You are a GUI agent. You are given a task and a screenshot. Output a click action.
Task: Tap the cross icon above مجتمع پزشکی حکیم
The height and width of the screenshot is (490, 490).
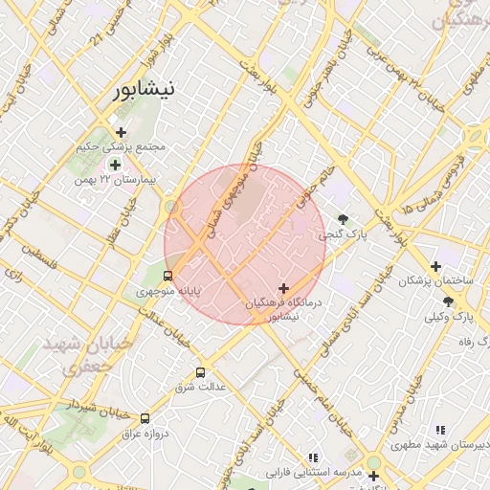tap(121, 132)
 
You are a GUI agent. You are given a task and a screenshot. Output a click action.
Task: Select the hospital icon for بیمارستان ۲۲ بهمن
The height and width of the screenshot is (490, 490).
tap(115, 165)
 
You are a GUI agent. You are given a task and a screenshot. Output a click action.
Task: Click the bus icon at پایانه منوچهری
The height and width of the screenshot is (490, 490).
tap(168, 277)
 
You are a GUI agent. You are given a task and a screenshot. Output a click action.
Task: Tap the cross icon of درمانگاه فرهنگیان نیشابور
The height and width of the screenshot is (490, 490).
tap(283, 288)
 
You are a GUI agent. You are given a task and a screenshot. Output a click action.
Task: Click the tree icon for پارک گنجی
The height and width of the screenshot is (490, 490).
tap(343, 219)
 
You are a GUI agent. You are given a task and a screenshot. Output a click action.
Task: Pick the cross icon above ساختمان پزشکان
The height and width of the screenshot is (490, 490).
tap(435, 266)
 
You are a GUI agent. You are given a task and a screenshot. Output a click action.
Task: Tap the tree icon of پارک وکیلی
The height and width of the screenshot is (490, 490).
tap(448, 301)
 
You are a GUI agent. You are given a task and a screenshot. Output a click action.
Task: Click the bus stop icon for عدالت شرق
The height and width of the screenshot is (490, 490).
tap(200, 372)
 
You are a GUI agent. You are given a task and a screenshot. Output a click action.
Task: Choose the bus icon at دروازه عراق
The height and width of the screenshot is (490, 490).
tap(145, 418)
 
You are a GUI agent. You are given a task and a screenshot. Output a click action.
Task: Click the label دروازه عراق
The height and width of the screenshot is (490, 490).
tap(145, 434)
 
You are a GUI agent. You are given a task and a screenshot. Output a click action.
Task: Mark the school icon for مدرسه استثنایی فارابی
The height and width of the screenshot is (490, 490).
tap(312, 457)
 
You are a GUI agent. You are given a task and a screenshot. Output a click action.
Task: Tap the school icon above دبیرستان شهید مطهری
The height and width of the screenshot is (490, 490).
tap(439, 431)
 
